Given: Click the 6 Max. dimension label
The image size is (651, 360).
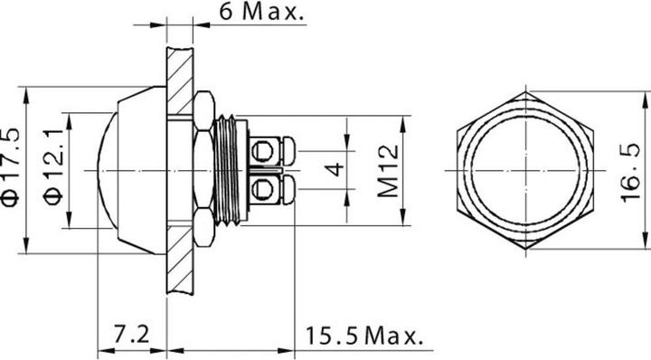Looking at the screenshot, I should pyautogui.click(x=260, y=14).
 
